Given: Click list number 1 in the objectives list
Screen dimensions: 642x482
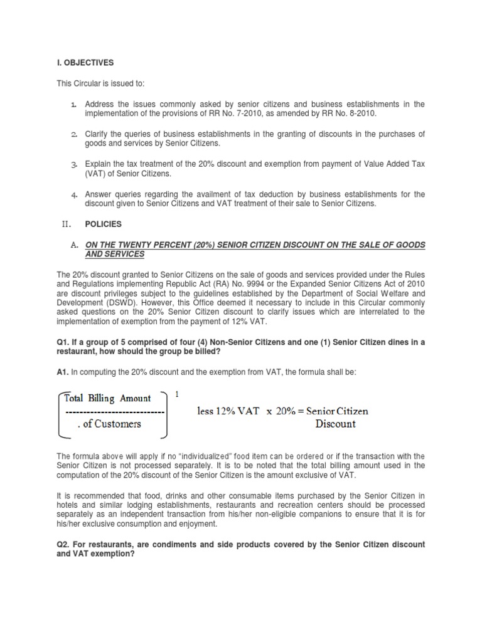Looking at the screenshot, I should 73,104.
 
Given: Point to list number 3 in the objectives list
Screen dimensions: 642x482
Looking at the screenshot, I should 73,164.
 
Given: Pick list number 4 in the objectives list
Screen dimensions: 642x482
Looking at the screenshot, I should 73,195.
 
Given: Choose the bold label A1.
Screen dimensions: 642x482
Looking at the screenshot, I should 64,372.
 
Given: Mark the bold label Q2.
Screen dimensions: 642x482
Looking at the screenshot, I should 64,545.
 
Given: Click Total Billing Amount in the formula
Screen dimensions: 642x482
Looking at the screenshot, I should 110,398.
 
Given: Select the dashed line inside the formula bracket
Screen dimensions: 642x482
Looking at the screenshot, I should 114,411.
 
